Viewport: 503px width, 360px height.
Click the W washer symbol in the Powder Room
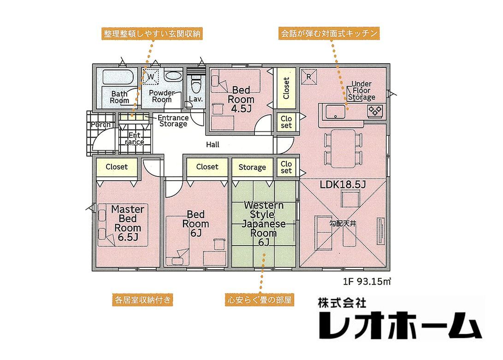150,77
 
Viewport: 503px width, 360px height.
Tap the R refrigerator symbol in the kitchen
308,77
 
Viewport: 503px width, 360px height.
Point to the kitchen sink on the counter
336,112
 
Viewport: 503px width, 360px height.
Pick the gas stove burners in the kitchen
375,110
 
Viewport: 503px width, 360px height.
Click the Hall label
213,145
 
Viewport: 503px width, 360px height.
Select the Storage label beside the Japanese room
252,167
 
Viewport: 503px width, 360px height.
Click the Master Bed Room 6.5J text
128,223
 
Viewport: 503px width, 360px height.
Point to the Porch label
101,125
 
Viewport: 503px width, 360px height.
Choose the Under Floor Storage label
361,90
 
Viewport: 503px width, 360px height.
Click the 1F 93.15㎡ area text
367,282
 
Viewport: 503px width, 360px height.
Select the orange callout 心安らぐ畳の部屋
260,300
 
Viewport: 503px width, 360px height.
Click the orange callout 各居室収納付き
142,300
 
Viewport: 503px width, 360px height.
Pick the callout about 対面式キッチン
329,33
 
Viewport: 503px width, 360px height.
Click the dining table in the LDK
343,148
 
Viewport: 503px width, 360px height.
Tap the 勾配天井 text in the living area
343,223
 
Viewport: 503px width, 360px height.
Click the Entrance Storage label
173,121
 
